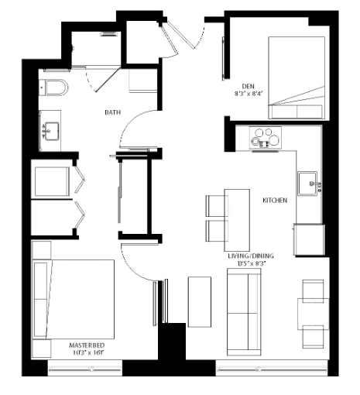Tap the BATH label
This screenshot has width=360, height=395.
[113, 113]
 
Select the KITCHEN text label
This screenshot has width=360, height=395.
[275, 200]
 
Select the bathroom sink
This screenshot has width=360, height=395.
[50, 132]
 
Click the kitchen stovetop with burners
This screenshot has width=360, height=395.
[266, 138]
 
